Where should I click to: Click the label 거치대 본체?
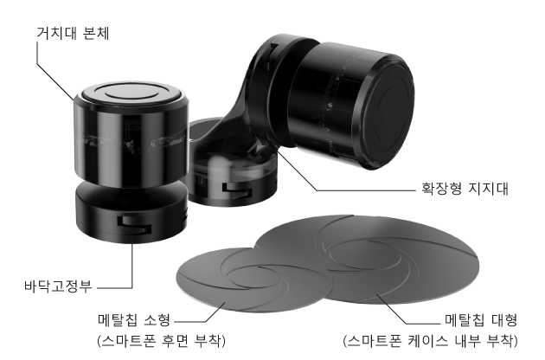[73, 34]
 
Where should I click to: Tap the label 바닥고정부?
[58, 286]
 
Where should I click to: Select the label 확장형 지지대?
[465, 189]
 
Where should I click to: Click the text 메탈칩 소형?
[134, 320]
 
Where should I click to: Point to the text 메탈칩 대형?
[481, 320]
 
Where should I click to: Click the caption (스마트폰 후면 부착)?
[161, 341]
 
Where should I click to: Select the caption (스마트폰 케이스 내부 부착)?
[430, 341]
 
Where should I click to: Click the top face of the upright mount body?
[131, 94]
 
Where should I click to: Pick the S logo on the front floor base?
[134, 224]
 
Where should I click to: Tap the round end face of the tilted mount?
[382, 112]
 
